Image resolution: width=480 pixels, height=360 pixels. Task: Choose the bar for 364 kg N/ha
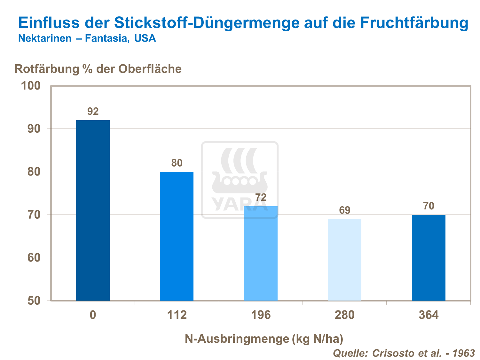[x=429, y=257]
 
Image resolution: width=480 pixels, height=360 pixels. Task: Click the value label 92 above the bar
[x=93, y=111]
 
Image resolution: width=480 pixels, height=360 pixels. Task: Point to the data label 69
[x=345, y=210]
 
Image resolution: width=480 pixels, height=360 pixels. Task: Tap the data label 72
[x=261, y=197]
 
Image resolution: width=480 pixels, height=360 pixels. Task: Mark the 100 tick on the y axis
[x=31, y=86]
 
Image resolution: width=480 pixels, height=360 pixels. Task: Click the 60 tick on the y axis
[x=34, y=258]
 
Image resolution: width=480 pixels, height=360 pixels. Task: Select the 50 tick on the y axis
[x=34, y=301]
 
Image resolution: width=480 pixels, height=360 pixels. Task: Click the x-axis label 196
[x=261, y=315]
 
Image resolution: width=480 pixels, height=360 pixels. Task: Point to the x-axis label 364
[x=429, y=315]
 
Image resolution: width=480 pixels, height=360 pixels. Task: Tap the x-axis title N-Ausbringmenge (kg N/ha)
[x=264, y=339]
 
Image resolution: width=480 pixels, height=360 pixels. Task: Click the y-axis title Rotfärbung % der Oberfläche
[x=98, y=69]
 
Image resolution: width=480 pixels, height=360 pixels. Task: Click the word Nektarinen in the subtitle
[x=45, y=38]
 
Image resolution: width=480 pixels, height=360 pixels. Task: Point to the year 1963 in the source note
[x=465, y=353]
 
